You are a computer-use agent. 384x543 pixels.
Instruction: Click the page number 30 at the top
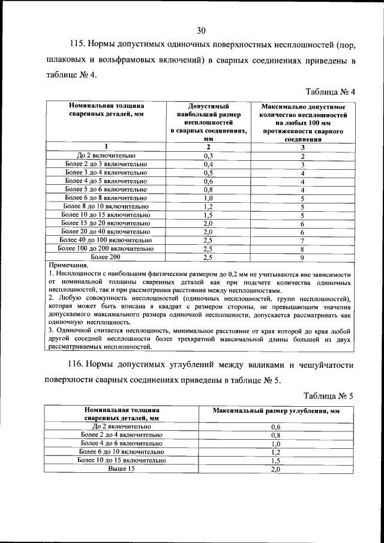tap(201, 31)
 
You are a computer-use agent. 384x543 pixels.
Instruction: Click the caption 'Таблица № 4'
tap(331, 92)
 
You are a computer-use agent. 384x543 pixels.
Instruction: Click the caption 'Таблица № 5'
tap(331, 395)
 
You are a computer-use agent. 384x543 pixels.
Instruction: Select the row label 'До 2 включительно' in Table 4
tap(106, 155)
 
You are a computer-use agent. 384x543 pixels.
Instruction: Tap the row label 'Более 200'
tap(106, 257)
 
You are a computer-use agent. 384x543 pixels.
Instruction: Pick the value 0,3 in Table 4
tap(209, 155)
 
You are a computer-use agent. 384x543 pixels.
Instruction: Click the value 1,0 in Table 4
tap(209, 197)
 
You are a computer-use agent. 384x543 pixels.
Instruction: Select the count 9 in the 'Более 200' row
tap(303, 257)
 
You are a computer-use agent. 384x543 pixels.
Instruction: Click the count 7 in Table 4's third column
tap(303, 240)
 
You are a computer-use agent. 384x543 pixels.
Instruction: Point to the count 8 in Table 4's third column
tap(303, 248)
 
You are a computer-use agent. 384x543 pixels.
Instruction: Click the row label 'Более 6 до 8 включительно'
tap(106, 197)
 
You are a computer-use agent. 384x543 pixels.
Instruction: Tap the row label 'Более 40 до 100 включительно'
tap(106, 240)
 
